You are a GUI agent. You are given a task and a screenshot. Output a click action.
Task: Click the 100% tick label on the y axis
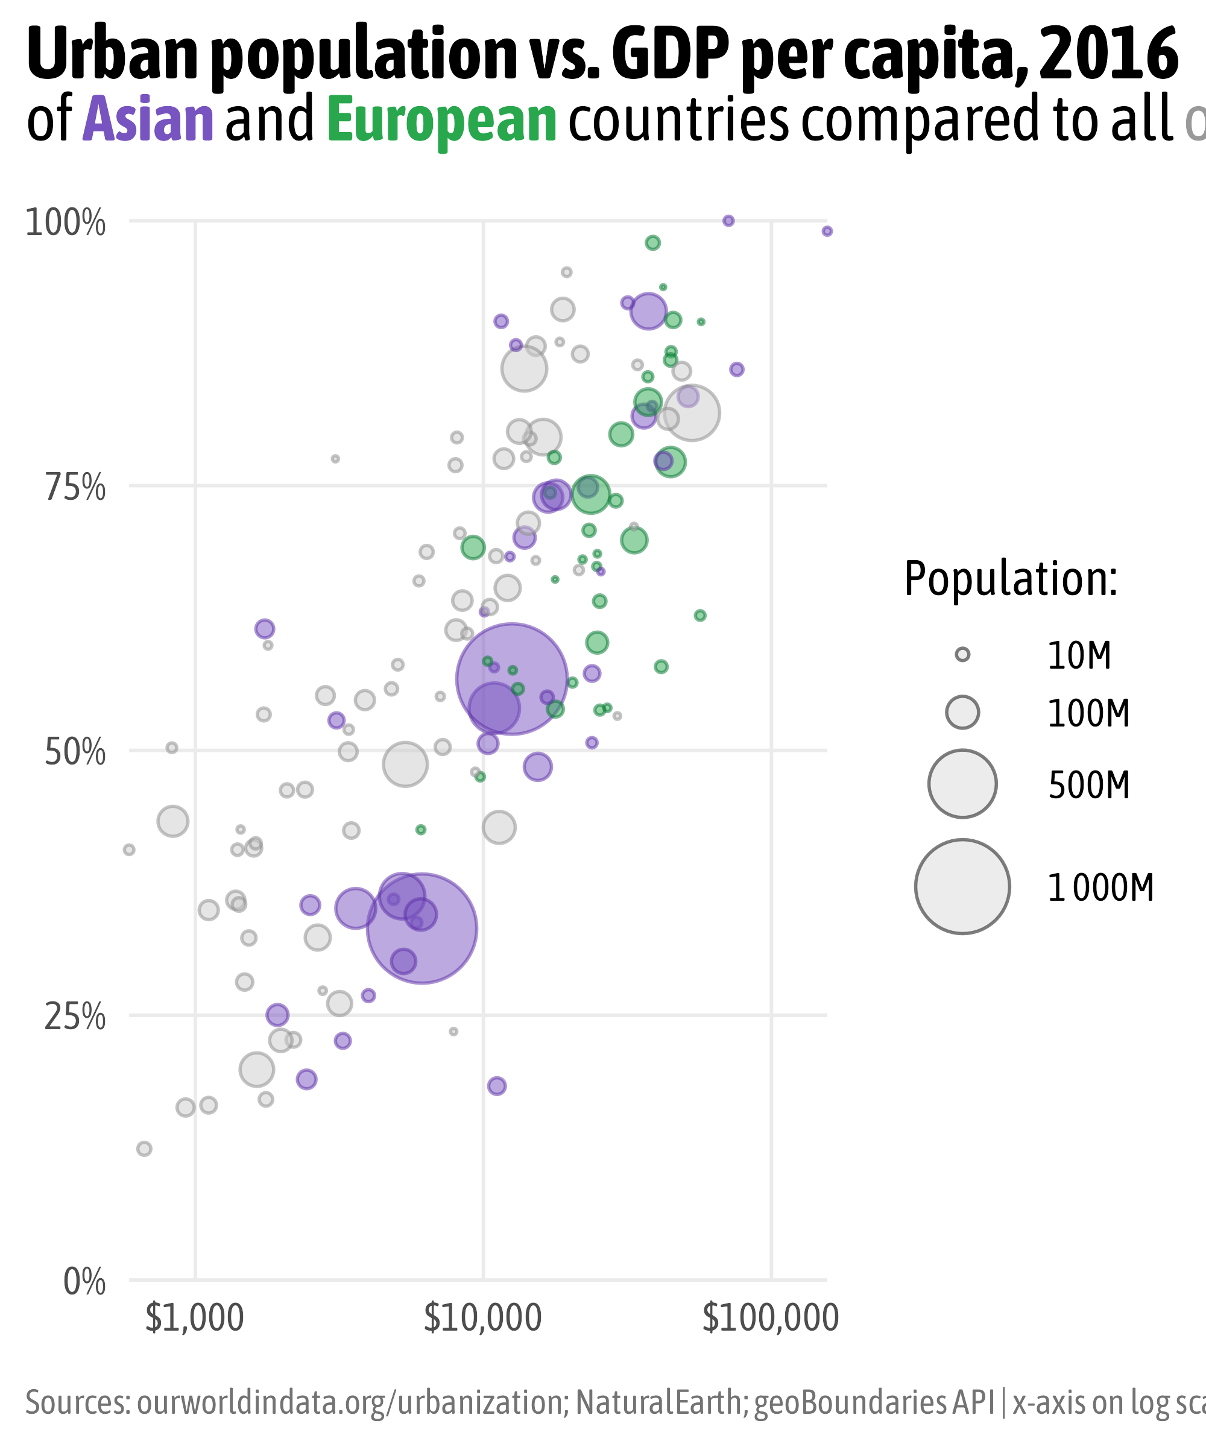[66, 224]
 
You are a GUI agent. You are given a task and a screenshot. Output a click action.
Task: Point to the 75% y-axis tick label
[75, 488]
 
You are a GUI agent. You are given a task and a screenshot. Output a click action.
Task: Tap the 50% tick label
[75, 753]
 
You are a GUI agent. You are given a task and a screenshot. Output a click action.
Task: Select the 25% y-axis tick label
[75, 1018]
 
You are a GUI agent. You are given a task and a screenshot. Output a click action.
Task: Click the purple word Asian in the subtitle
[148, 120]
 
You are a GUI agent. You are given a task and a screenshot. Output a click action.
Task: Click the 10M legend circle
[963, 655]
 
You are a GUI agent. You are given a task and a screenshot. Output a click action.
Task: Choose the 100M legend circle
[963, 712]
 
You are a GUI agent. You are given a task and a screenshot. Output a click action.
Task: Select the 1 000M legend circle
[963, 887]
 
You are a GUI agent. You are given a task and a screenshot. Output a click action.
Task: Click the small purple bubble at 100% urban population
[728, 221]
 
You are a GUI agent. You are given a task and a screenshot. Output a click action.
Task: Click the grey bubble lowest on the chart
[144, 1149]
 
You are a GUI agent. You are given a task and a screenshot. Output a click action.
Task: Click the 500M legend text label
[1089, 786]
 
